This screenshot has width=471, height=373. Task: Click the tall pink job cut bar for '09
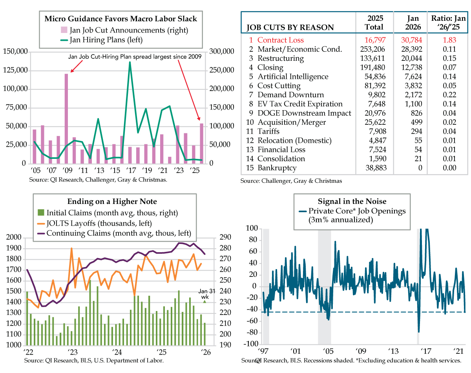click(x=66, y=118)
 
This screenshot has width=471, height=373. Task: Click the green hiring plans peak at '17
click(x=130, y=63)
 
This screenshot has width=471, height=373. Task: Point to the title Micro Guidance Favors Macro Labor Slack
click(x=120, y=18)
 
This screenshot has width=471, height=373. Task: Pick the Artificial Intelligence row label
click(x=293, y=76)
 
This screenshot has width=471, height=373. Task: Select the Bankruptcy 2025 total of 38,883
click(x=373, y=168)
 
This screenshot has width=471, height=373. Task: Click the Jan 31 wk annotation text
click(x=204, y=293)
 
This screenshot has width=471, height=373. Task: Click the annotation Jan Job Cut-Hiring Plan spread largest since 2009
click(x=135, y=56)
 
